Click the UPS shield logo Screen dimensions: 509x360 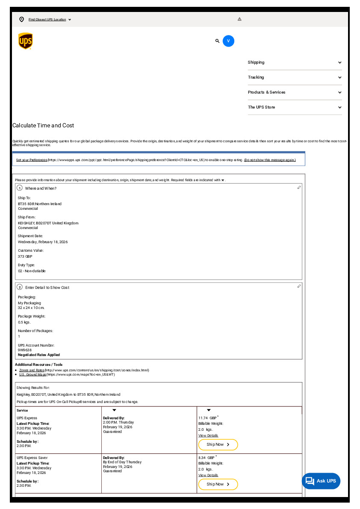point(25,41)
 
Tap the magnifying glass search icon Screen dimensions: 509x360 point(217,41)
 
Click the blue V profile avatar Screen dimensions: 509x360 point(228,41)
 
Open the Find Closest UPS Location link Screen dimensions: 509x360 point(47,20)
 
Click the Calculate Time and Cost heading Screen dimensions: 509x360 point(43,126)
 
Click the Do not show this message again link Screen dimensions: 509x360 point(270,160)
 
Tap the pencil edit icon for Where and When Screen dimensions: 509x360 point(299,188)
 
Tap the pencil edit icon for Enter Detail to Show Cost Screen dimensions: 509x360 point(299,286)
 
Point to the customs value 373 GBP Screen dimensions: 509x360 point(25,256)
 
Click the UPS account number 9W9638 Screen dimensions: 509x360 point(25,350)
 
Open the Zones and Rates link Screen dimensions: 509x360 point(32,370)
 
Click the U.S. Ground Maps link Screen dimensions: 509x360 point(32,374)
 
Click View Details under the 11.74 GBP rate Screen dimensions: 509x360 point(208,435)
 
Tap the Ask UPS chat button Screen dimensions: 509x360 point(321,481)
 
